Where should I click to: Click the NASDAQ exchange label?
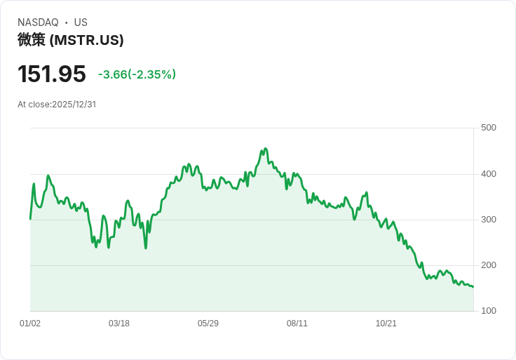(38, 22)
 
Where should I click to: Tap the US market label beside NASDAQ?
(81, 22)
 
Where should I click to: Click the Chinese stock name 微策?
(32, 40)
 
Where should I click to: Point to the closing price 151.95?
(52, 74)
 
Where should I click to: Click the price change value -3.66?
(113, 74)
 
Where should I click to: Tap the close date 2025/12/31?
(74, 105)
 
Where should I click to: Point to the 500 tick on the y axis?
(489, 128)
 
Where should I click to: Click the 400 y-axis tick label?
(489, 174)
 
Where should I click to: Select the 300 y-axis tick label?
(489, 220)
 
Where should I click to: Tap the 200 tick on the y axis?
(489, 265)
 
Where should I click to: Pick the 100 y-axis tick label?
(489, 311)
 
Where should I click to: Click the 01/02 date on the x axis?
(30, 324)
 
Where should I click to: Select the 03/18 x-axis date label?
(119, 324)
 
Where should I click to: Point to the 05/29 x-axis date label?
(208, 324)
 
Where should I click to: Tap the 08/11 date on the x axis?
(297, 324)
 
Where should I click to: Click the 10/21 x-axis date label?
(386, 324)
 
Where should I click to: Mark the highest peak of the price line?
(265, 149)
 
